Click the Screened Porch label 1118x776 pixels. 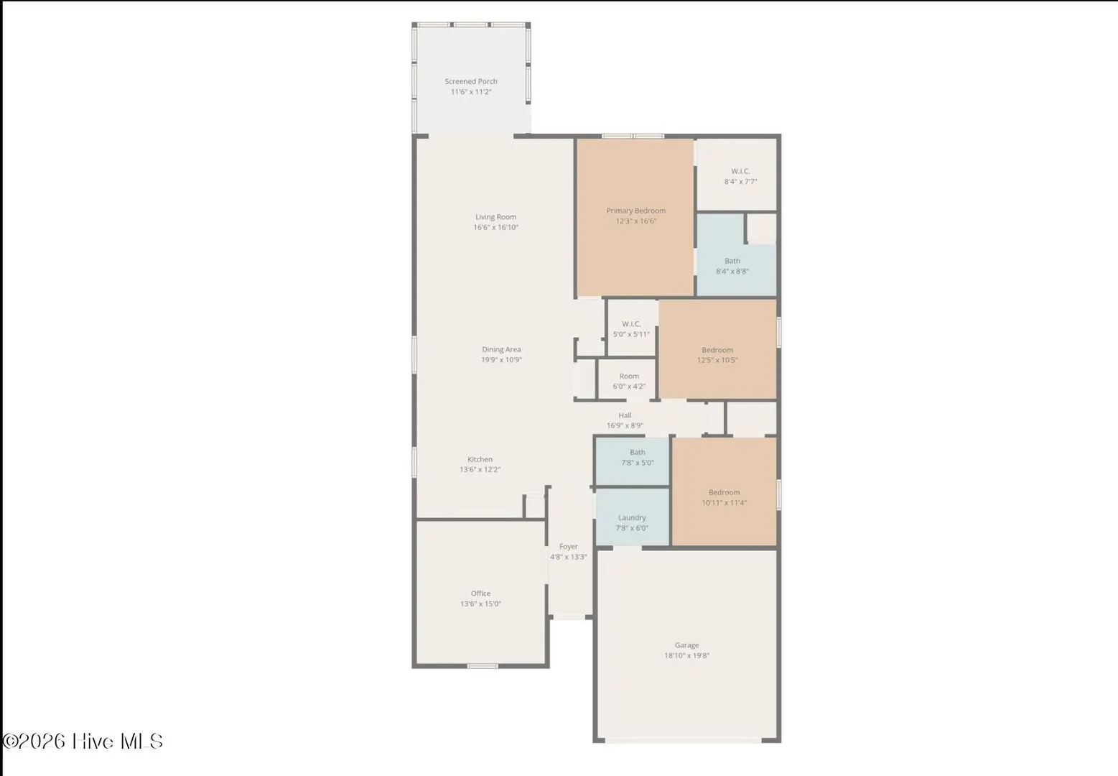(470, 81)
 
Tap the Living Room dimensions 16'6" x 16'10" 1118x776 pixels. (495, 227)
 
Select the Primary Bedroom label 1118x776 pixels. (636, 211)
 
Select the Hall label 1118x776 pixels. (625, 415)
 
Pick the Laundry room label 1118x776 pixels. (632, 518)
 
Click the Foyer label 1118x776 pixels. (569, 547)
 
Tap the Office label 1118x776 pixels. (480, 593)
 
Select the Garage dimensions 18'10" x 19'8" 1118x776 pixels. (686, 656)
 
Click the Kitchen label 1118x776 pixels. (480, 459)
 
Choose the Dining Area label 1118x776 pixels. (501, 349)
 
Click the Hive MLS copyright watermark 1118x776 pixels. (83, 741)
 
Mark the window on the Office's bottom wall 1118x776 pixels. (482, 665)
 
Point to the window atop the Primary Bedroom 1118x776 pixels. (633, 136)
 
